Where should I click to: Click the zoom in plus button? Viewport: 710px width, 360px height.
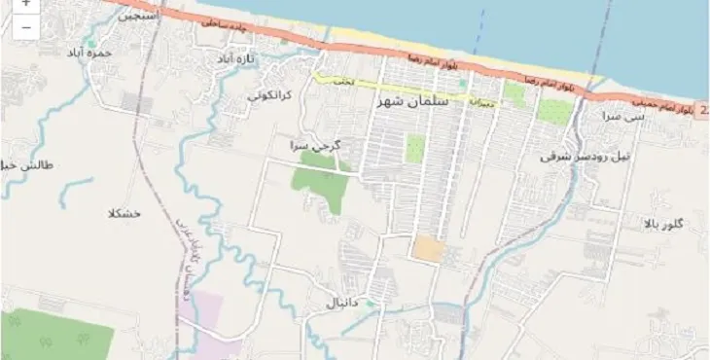click(24, 4)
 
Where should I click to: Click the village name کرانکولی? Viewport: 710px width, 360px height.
click(268, 95)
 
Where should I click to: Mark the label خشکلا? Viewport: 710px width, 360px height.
click(126, 212)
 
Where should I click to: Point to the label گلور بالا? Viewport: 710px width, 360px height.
click(663, 225)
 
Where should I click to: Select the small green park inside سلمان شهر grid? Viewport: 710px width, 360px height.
click(415, 149)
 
